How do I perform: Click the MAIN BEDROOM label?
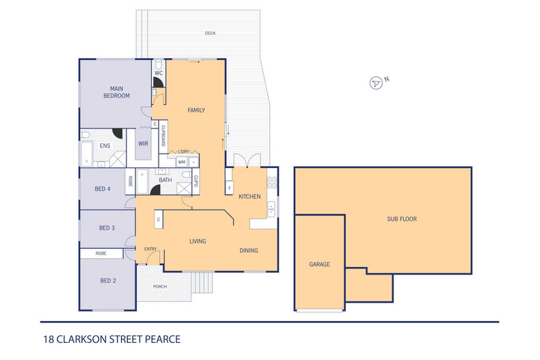click(x=116, y=92)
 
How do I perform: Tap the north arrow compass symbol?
click(x=376, y=83)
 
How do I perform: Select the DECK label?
click(x=211, y=33)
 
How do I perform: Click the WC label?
click(x=158, y=72)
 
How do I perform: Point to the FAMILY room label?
click(x=196, y=110)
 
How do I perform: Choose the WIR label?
click(x=144, y=143)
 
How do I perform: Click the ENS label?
click(x=105, y=146)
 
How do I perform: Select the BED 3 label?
click(x=107, y=227)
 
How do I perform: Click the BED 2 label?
click(x=107, y=281)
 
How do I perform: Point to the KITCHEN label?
click(x=249, y=197)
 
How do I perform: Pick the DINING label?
click(x=249, y=251)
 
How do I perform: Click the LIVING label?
click(x=198, y=241)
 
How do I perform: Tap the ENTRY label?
click(x=150, y=249)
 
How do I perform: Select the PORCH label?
click(x=160, y=286)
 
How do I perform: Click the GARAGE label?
click(x=319, y=264)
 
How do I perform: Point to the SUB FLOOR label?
click(x=402, y=219)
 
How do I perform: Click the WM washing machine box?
click(x=182, y=162)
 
